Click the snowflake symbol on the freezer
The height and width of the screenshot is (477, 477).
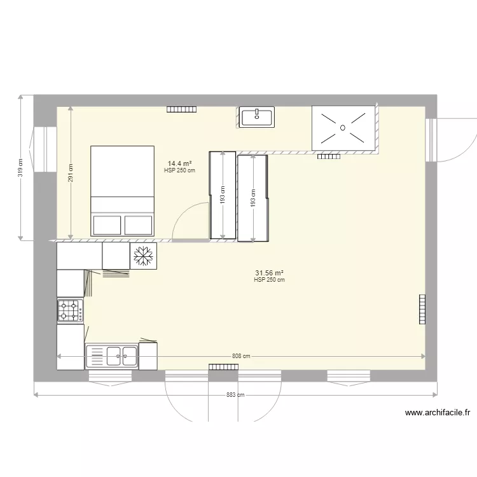tap(144, 256)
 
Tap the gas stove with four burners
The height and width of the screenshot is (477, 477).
tap(70, 311)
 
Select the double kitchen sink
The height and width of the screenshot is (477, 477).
tap(112, 356)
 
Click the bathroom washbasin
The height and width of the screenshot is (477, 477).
tap(256, 117)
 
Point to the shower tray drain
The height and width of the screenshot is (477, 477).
tap(343, 127)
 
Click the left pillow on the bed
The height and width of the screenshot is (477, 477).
tap(107, 225)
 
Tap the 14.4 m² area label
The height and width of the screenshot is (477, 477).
tap(179, 163)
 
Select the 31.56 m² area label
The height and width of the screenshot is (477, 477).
tap(269, 273)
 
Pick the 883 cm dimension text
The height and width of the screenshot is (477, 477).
tap(235, 395)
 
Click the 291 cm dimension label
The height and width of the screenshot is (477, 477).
tap(71, 174)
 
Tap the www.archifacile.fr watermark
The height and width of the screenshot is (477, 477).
tap(438, 413)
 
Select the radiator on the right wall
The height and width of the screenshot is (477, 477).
tap(422, 310)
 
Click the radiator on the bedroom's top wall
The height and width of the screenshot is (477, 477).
tap(181, 109)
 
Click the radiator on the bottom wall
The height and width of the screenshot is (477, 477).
tap(223, 367)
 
